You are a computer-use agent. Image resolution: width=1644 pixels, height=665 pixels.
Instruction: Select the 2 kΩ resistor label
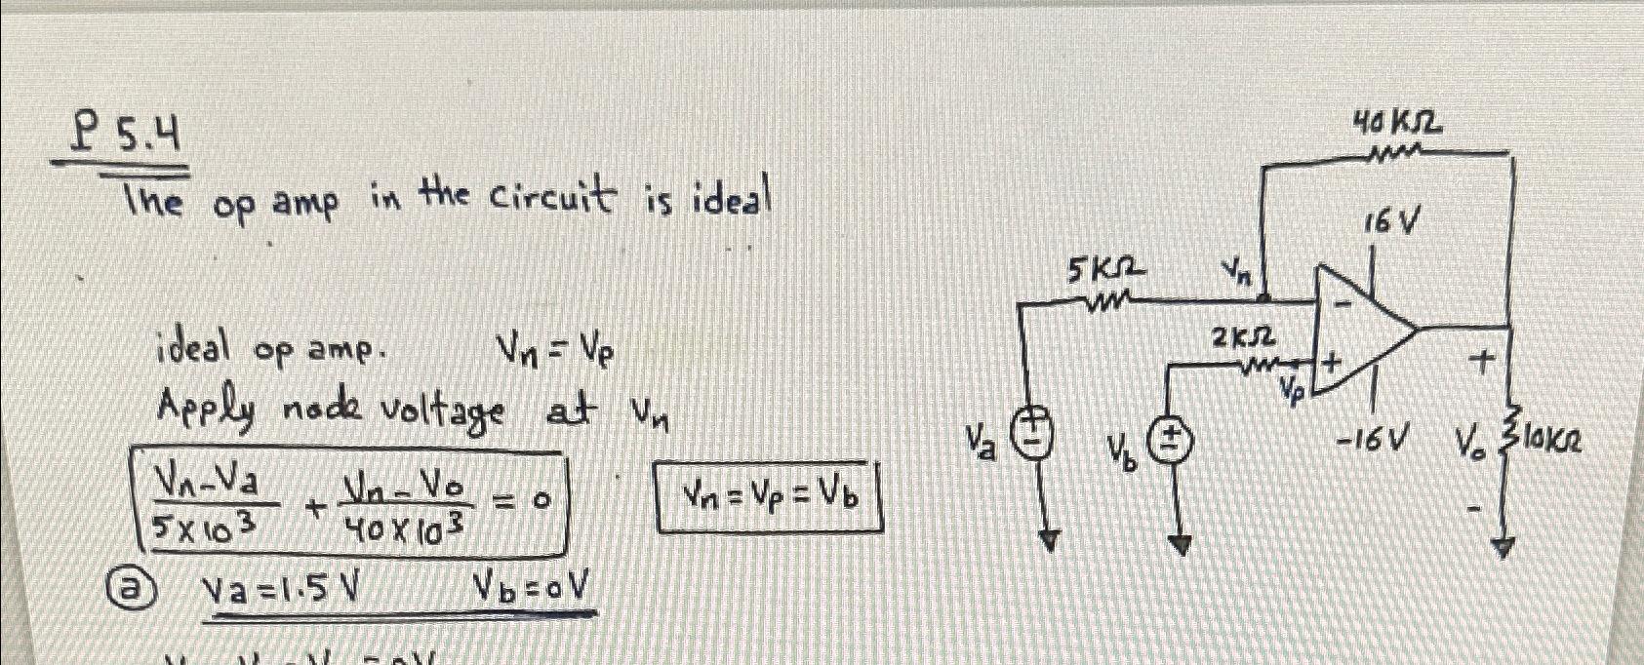[1242, 338]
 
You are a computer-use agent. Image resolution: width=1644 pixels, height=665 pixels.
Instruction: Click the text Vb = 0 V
[532, 586]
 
